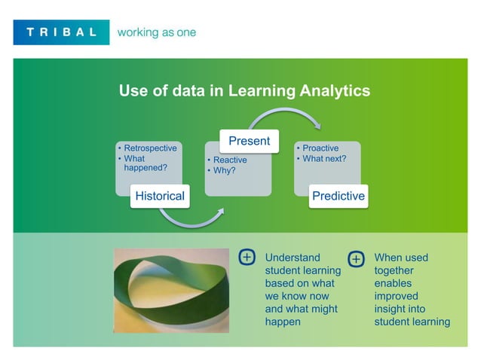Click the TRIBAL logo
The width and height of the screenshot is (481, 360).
61,32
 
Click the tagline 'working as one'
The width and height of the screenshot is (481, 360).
156,32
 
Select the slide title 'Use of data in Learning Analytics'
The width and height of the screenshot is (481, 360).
244,91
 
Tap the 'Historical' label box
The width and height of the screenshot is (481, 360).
159,196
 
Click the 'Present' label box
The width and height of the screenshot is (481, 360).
249,141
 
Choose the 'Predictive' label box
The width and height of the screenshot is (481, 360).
339,196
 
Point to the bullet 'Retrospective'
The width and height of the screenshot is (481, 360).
150,148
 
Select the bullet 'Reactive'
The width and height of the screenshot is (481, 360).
230,160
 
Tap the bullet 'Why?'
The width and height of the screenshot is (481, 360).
225,170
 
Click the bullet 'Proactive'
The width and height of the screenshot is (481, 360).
320,148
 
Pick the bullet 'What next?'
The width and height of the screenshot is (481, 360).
324,159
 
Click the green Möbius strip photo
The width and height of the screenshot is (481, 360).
170,291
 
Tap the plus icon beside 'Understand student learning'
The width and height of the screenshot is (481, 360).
247,257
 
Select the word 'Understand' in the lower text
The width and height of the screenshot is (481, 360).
293,258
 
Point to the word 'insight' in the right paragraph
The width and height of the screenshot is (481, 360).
390,309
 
